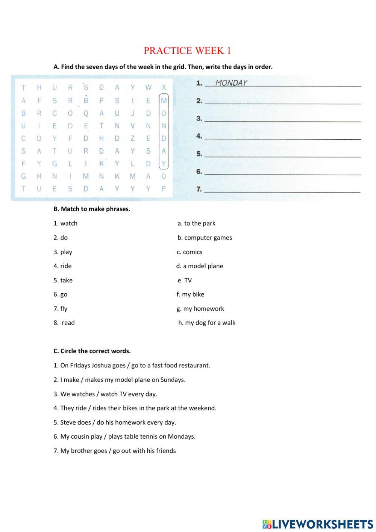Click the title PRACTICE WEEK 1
[x=187, y=50]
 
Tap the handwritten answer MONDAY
[x=231, y=83]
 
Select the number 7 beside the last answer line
[x=199, y=189]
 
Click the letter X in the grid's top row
[x=164, y=88]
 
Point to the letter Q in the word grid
[x=86, y=113]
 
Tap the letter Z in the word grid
[x=132, y=139]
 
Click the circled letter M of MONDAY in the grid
[x=164, y=101]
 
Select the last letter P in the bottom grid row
[x=164, y=189]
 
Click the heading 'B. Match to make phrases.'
[x=92, y=209]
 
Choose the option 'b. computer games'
[x=205, y=238]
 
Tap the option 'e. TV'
[x=185, y=280]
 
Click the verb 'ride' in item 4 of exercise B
[x=66, y=266]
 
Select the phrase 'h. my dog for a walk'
[x=207, y=323]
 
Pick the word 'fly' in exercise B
[x=64, y=309]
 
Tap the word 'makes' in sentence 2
[x=94, y=380]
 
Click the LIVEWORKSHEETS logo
[x=318, y=524]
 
